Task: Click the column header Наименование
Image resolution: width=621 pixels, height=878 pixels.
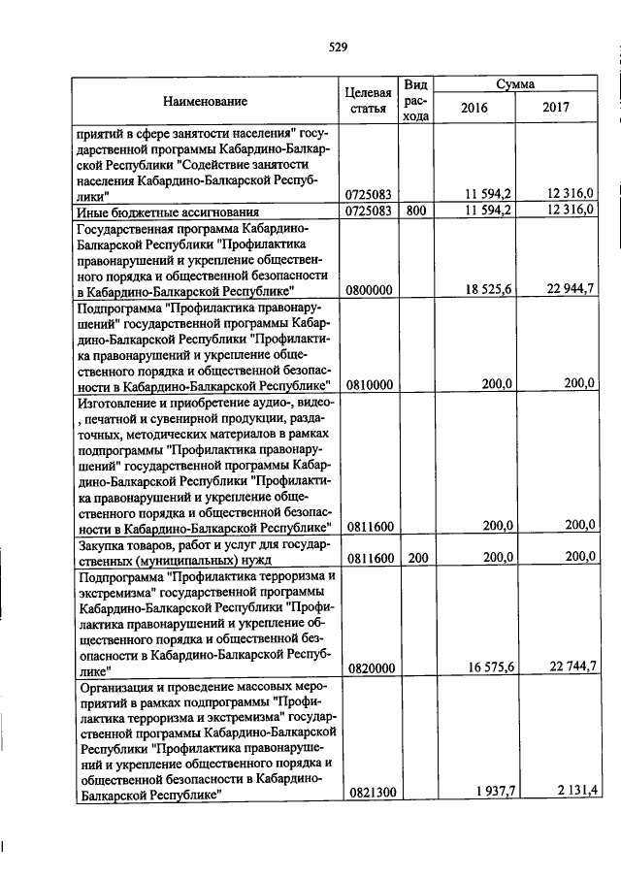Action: pos(205,100)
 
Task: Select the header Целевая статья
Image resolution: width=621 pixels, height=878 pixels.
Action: pos(369,100)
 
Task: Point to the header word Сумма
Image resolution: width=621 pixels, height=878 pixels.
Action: pos(515,84)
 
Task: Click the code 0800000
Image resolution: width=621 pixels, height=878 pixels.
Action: pos(369,290)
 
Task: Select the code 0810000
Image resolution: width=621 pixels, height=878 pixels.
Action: pos(369,384)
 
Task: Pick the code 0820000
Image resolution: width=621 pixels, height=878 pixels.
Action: pos(369,667)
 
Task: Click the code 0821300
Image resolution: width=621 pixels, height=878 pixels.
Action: pos(369,793)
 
